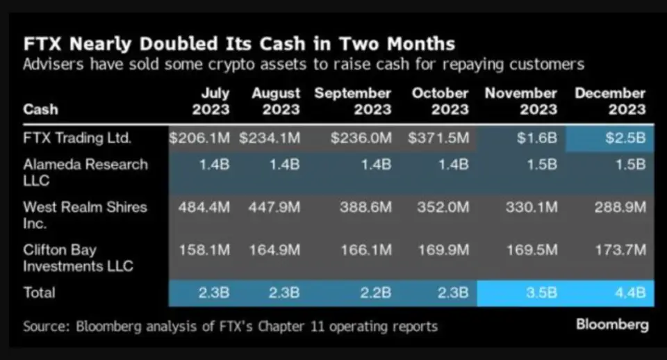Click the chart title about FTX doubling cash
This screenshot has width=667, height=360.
(x=239, y=44)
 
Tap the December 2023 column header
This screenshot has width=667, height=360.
(x=610, y=101)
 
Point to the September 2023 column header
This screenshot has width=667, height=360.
(x=353, y=101)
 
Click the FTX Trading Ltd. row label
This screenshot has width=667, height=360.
(x=77, y=138)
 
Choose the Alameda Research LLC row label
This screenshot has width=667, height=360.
(x=85, y=172)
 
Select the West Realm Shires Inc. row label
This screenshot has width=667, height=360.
(x=85, y=215)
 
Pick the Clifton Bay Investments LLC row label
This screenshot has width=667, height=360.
(x=78, y=257)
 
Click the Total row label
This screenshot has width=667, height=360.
(x=39, y=293)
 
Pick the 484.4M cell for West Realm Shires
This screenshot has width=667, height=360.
(x=204, y=207)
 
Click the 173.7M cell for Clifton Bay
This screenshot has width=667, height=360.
(x=620, y=249)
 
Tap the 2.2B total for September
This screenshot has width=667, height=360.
(x=376, y=293)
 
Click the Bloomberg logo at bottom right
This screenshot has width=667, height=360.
(x=612, y=325)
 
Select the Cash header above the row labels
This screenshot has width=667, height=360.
(x=40, y=109)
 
